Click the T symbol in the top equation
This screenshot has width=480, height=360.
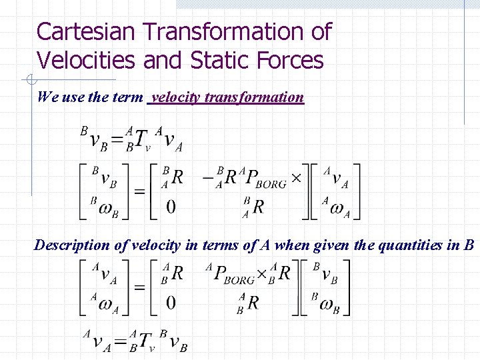(x=141, y=139)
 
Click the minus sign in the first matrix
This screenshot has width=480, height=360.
(x=205, y=177)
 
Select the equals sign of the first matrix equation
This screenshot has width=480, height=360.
(x=139, y=191)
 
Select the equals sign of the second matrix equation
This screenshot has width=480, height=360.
(x=139, y=288)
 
